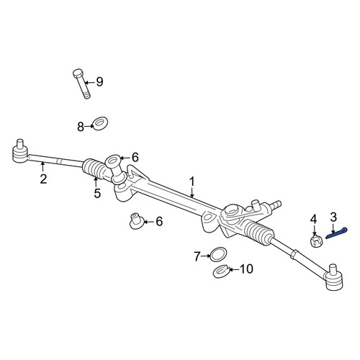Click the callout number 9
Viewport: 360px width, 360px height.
click(x=99, y=82)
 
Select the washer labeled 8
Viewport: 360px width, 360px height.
click(x=100, y=123)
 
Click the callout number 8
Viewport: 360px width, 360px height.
click(x=81, y=127)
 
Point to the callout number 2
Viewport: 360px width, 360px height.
click(x=43, y=179)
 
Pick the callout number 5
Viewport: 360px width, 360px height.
click(x=97, y=193)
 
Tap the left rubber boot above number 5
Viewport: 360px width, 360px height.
click(x=94, y=168)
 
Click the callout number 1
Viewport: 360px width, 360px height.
click(x=192, y=181)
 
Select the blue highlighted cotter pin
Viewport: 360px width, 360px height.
click(x=336, y=233)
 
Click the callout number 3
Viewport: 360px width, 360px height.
click(x=333, y=217)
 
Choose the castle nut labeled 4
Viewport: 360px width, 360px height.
click(x=317, y=241)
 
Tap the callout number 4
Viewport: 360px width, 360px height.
click(x=314, y=219)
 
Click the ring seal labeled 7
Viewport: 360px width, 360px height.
click(x=218, y=254)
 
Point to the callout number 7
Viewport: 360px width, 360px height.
click(x=197, y=256)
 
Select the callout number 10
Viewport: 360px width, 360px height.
click(x=246, y=269)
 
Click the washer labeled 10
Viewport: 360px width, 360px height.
click(x=222, y=271)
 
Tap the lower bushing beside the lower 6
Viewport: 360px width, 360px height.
click(x=137, y=220)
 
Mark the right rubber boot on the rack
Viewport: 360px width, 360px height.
click(x=259, y=232)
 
